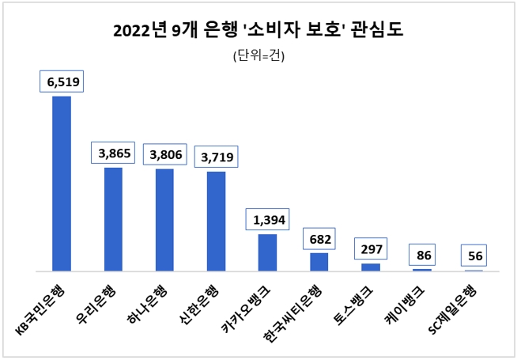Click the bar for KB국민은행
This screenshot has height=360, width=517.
62,184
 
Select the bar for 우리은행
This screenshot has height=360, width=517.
113,219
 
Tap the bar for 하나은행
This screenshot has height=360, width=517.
164,220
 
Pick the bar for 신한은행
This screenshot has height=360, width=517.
216,222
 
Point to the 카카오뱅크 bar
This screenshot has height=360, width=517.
267,252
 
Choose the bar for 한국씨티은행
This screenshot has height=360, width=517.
319,262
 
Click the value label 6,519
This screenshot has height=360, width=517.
62,81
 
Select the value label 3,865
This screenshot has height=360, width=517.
114,153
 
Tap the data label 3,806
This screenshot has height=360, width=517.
165,155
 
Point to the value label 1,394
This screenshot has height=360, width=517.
268,219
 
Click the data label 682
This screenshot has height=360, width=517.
319,238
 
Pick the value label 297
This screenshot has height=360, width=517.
371,249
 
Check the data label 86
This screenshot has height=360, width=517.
422,256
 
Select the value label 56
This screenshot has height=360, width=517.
474,256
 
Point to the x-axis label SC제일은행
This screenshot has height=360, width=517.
463,303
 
